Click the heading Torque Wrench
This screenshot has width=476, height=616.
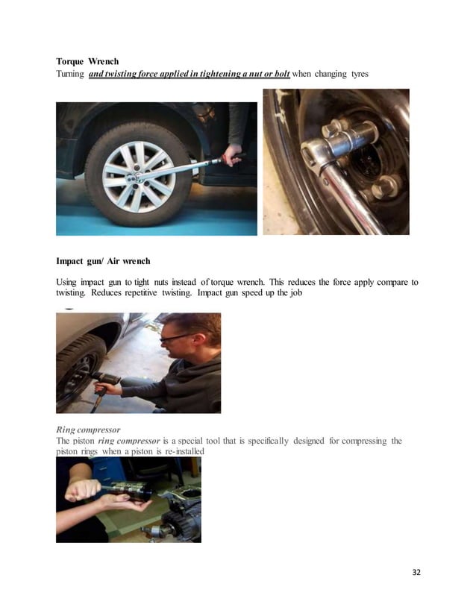(x=87, y=61)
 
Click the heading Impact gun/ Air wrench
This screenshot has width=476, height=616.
(x=103, y=261)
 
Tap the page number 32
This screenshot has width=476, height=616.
(x=416, y=572)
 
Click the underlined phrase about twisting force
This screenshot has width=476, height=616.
(x=189, y=75)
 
